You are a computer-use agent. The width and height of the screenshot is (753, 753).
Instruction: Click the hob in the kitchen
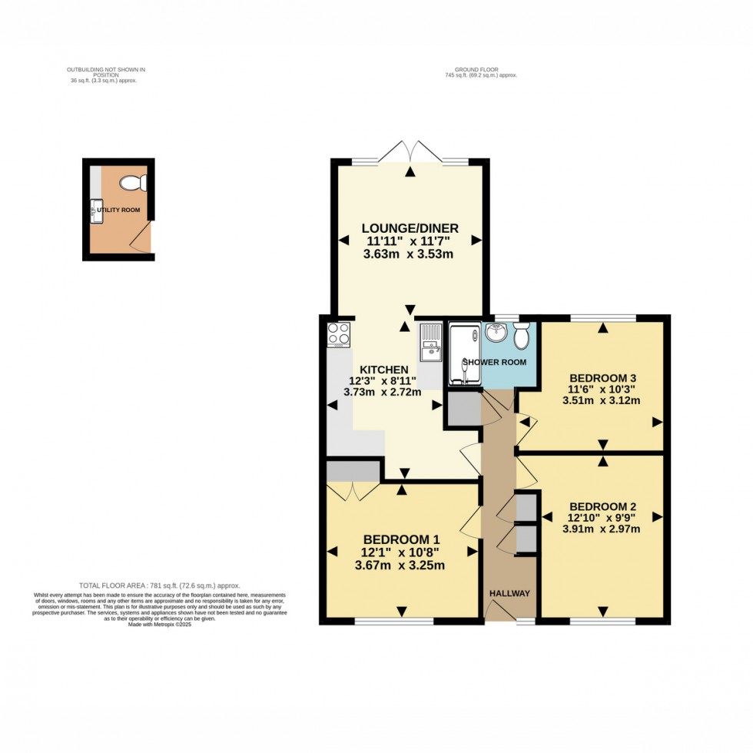[x=339, y=334]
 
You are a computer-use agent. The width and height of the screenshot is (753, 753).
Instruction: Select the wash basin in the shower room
[x=495, y=334]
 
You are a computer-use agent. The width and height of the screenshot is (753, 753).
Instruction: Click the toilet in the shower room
[x=522, y=335]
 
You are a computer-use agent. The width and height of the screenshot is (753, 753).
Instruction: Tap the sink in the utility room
[x=97, y=211]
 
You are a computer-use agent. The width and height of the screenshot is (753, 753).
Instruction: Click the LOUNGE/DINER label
[x=410, y=228]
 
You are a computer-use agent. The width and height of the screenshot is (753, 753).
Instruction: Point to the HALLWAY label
[x=509, y=593]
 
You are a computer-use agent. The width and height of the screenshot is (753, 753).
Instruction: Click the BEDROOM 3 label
[x=602, y=378]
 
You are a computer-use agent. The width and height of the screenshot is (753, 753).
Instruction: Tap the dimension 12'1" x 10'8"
[x=400, y=552]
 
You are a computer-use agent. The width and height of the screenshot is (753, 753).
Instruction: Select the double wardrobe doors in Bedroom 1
[x=353, y=489]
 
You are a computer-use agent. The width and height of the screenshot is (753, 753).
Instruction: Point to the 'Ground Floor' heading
[x=481, y=71]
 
